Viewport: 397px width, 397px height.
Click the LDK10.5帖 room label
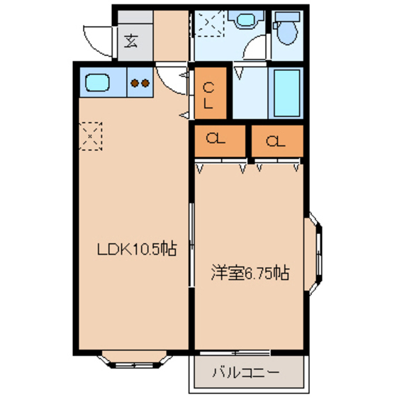[x=136, y=250]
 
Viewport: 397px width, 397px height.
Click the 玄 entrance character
[x=132, y=40]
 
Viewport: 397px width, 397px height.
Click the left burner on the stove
[x=135, y=84]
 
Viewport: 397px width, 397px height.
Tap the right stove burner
[x=145, y=84]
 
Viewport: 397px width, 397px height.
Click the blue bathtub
[x=286, y=94]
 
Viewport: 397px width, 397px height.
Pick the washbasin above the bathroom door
[x=246, y=23]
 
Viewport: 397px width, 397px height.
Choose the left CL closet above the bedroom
[x=218, y=140]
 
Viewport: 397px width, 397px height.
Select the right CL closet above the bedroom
[x=277, y=140]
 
